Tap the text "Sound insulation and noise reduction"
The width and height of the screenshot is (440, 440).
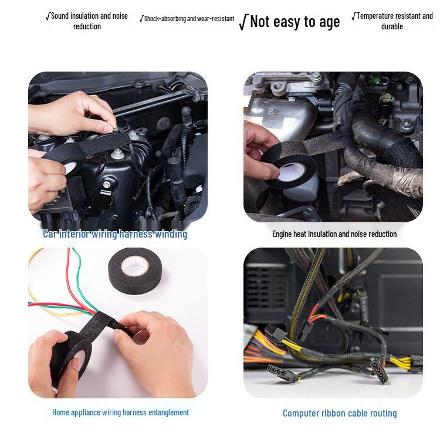coord(87,21)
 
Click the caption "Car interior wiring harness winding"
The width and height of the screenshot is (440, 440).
coord(115,234)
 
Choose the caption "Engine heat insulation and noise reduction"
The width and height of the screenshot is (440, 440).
coord(334,234)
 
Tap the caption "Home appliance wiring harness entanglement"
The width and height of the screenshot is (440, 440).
coord(120,412)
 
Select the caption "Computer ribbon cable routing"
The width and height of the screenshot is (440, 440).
coord(340,414)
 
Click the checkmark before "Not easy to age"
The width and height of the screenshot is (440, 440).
coord(243,23)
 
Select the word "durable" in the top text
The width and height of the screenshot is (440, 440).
coord(392,26)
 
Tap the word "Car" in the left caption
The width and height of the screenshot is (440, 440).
coord(50,234)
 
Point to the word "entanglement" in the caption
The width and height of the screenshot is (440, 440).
coord(168,412)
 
